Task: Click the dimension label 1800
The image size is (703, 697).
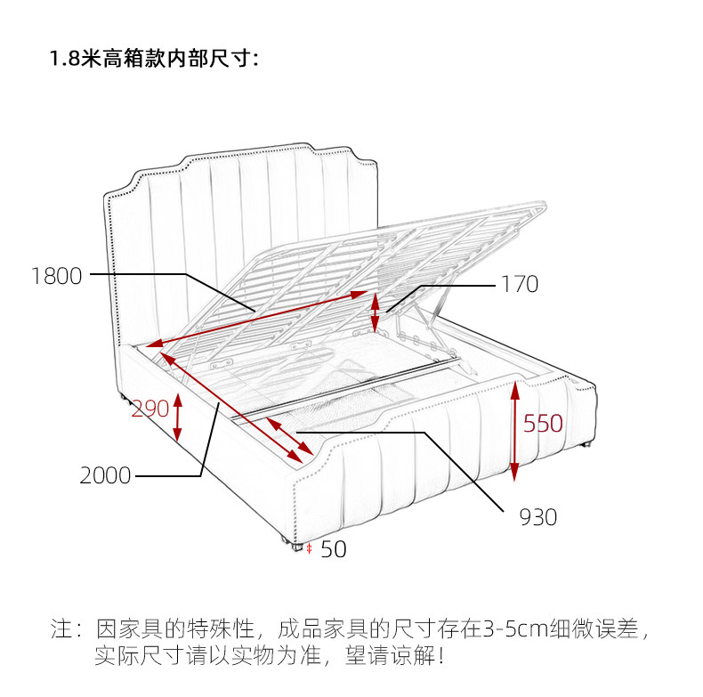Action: [56, 276]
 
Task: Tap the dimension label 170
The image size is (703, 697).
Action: [520, 285]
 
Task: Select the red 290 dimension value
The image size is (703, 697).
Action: [149, 409]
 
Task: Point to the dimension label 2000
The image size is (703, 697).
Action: [105, 476]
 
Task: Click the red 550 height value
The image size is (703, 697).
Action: [543, 424]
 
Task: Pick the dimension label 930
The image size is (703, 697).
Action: [537, 517]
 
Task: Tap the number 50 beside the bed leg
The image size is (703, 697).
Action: [333, 550]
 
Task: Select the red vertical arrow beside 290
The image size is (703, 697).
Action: [178, 417]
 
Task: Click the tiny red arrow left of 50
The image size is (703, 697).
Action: [309, 549]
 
